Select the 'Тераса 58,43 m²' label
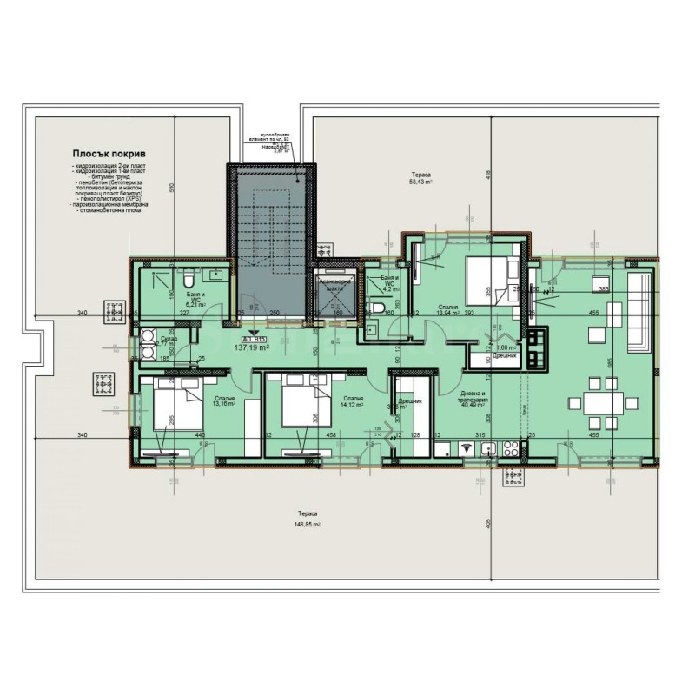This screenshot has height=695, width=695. point(422,180)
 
